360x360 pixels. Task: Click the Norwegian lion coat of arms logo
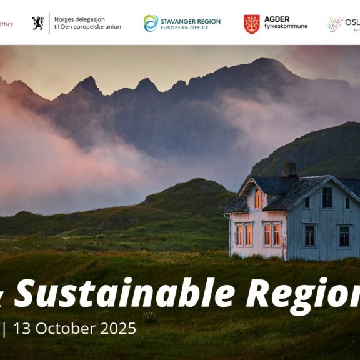click(x=37, y=24)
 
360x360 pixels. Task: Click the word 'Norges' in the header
click(x=66, y=19)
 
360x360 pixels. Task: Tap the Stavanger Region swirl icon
click(x=151, y=24)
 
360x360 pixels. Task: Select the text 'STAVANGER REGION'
click(x=191, y=21)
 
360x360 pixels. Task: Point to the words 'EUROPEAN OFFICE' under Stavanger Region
click(x=185, y=29)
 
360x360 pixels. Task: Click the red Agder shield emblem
click(x=251, y=24)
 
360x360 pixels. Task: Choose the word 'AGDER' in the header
click(x=277, y=19)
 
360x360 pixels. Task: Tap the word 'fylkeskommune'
click(x=286, y=27)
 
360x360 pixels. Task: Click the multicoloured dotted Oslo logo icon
click(x=335, y=24)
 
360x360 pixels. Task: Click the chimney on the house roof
click(x=289, y=169)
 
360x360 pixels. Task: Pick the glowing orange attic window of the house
click(x=257, y=199)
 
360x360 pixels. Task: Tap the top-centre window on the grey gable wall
click(x=327, y=197)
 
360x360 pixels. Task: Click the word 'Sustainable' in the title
click(x=125, y=293)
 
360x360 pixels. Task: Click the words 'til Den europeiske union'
click(x=87, y=27)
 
